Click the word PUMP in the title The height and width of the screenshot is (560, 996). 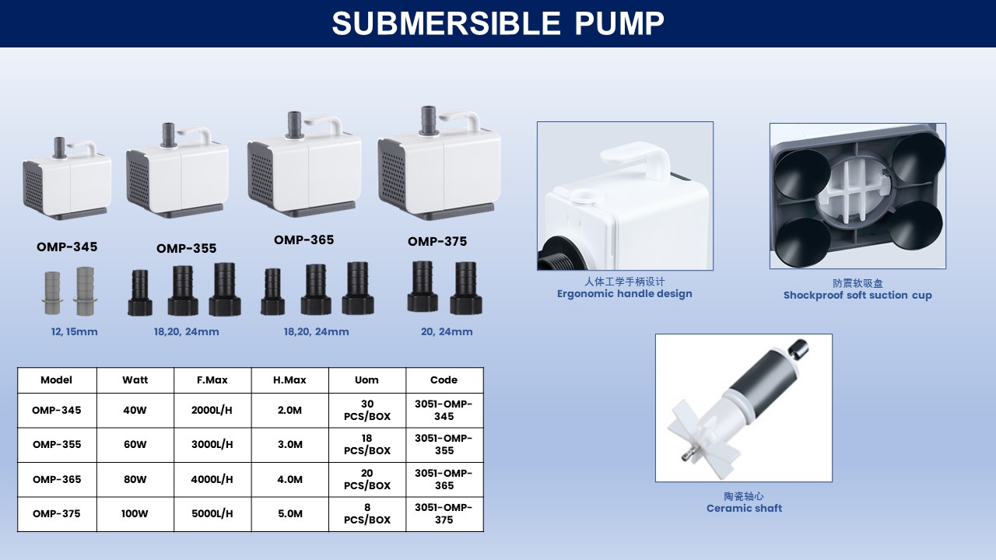click(619, 23)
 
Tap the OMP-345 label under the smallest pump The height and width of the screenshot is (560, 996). click(67, 247)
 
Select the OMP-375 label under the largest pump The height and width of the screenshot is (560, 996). click(437, 241)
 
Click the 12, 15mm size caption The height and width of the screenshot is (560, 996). click(74, 331)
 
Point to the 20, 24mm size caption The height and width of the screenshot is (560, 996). click(447, 331)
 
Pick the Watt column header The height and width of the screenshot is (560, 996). click(135, 380)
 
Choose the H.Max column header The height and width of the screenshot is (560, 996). click(289, 380)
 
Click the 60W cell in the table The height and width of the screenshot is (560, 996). click(135, 444)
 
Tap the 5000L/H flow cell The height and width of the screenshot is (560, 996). click(212, 514)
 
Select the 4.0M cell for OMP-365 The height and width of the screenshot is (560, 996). click(290, 480)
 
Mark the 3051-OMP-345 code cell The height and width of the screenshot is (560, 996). click(444, 410)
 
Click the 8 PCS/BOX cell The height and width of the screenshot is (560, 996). click(367, 514)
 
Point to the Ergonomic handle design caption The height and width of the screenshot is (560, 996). click(625, 294)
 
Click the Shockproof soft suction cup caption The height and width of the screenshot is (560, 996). click(857, 295)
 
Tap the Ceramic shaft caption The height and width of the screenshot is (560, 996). click(744, 508)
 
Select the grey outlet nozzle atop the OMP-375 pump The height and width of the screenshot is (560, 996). click(428, 120)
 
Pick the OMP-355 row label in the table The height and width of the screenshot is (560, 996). click(57, 444)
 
